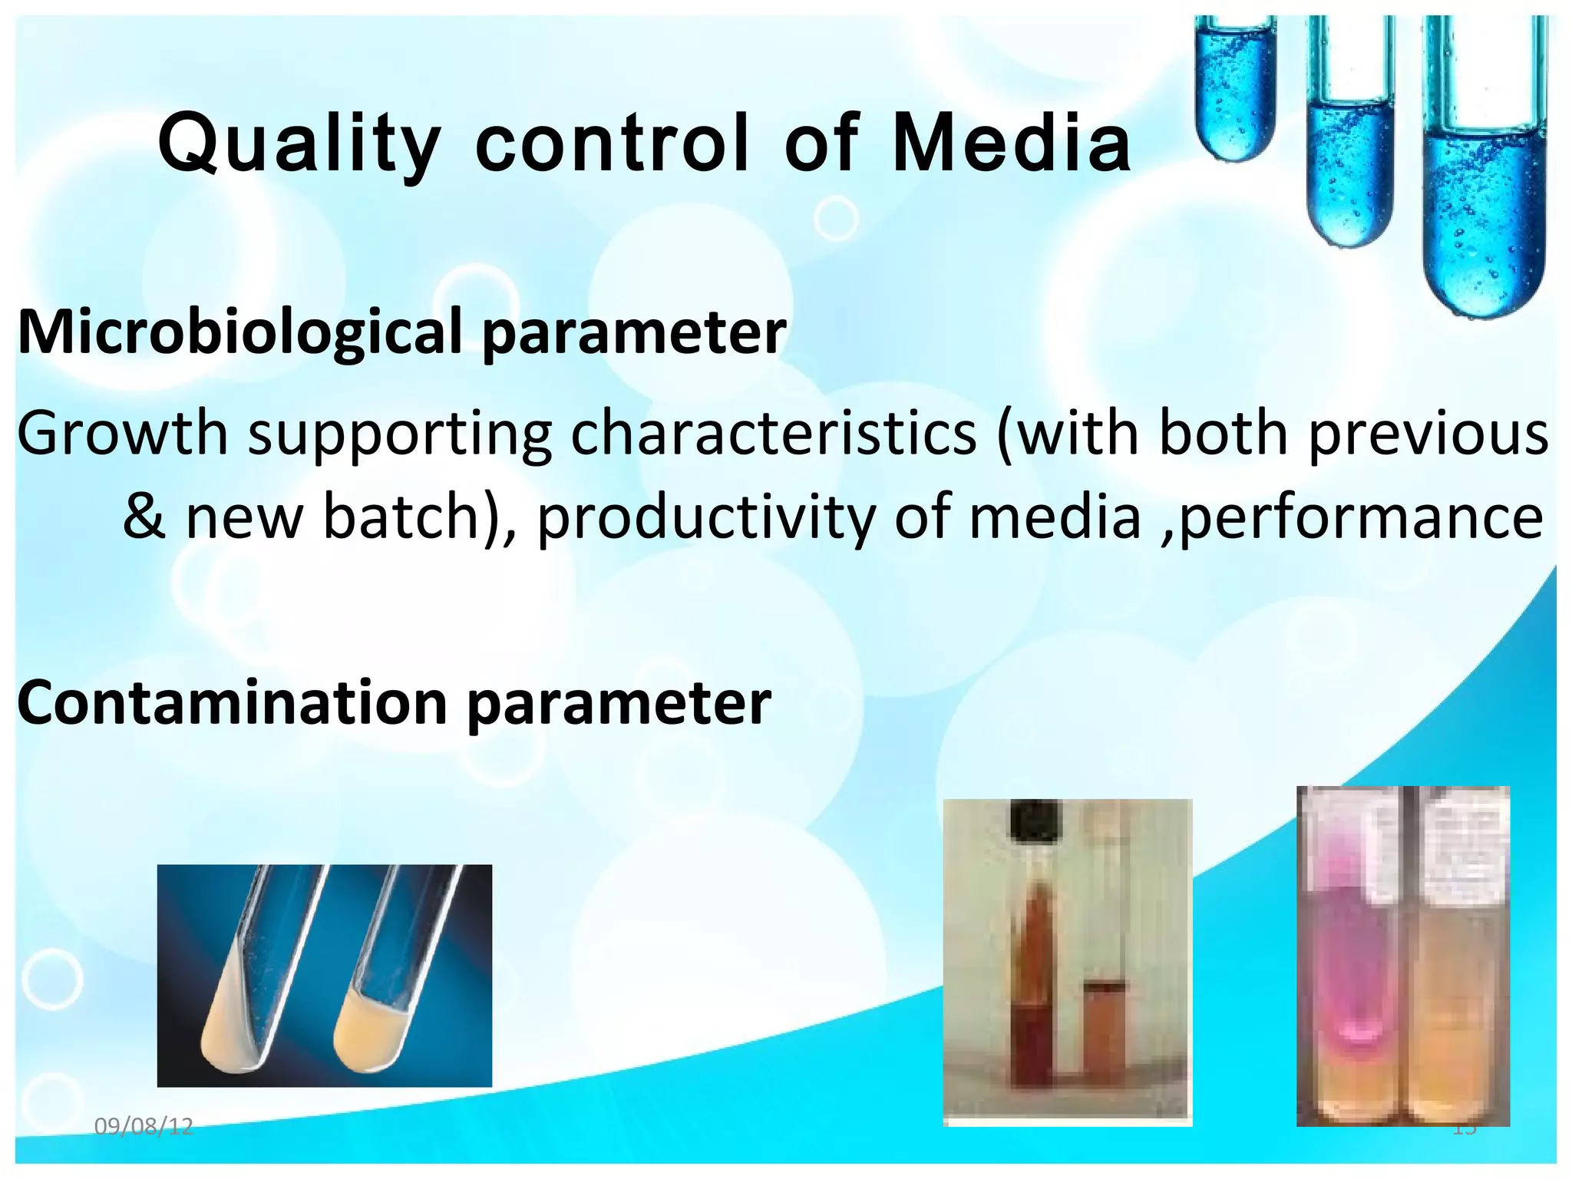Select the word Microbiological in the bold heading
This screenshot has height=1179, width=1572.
(x=240, y=332)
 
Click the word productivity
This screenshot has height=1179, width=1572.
(x=706, y=517)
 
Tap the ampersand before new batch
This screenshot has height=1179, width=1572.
(x=144, y=517)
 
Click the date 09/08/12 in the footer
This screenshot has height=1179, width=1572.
(x=144, y=1127)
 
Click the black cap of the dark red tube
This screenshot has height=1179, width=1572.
(x=1035, y=820)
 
